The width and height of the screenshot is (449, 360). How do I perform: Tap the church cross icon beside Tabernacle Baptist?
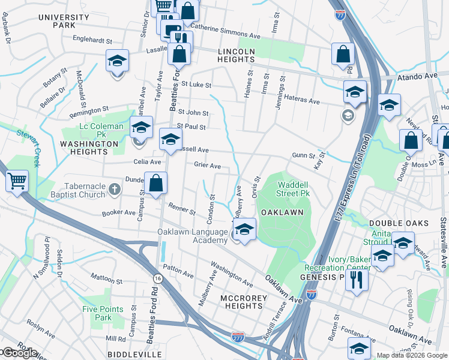pos(115,190)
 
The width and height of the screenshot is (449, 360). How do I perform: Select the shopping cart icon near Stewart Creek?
pos(17,181)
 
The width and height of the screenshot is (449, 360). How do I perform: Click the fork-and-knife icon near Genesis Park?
pos(357,280)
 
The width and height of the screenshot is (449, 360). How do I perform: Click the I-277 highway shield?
pos(238,337)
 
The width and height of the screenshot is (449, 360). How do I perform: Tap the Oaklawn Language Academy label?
pos(193,236)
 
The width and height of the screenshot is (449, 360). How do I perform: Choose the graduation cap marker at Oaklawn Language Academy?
pos(244,230)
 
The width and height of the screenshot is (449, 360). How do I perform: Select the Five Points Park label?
pos(97,313)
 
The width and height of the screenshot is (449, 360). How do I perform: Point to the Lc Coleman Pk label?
pos(100,127)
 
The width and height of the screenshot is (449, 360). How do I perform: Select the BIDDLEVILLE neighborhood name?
pos(130,354)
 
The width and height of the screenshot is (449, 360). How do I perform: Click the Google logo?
pos(19,353)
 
